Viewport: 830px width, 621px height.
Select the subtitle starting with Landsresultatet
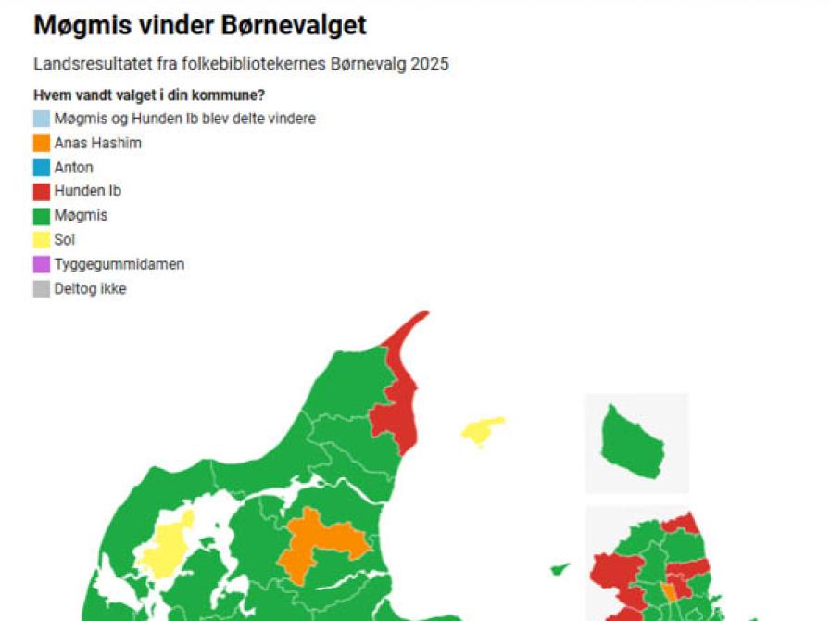point(241,65)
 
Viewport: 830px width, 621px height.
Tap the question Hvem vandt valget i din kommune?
point(149,95)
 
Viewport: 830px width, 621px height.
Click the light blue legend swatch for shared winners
point(42,119)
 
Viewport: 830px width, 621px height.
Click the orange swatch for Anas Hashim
point(42,143)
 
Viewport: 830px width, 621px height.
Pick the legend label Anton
point(73,168)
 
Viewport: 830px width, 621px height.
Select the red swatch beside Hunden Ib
point(42,192)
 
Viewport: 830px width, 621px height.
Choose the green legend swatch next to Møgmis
point(42,216)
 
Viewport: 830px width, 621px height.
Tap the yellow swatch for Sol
point(42,240)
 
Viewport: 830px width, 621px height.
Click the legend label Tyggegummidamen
point(119,264)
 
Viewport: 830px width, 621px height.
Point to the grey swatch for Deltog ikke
point(42,288)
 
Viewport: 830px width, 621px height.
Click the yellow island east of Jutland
point(483,431)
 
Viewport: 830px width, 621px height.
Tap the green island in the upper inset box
point(632,443)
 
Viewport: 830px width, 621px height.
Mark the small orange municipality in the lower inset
point(668,592)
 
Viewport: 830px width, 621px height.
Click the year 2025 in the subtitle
point(431,65)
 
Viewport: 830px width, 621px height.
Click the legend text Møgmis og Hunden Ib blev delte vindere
point(184,119)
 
